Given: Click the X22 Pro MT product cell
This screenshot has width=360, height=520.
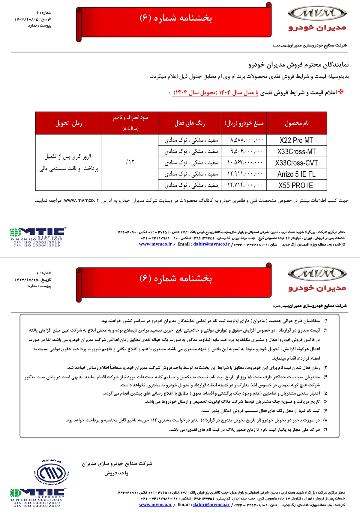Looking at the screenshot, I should (296, 140).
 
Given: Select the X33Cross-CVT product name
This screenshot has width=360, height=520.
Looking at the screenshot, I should (296, 163).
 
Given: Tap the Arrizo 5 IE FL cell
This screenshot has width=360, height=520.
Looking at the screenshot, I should (296, 174).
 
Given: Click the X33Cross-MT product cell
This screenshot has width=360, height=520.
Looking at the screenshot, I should (296, 152).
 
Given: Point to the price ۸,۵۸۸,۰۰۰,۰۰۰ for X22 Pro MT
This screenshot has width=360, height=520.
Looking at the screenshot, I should (247, 140).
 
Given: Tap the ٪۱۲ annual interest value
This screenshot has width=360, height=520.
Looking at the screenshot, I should (130, 162).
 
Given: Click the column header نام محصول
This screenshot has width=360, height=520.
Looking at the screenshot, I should (297, 123).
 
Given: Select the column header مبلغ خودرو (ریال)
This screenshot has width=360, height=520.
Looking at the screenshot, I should (244, 123).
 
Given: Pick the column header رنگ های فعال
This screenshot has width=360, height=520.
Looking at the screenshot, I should (190, 123).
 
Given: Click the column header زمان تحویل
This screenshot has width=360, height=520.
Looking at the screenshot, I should (69, 123).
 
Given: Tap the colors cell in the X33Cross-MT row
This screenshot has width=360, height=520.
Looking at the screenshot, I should (191, 152).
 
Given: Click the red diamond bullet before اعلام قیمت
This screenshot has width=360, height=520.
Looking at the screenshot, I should (341, 92).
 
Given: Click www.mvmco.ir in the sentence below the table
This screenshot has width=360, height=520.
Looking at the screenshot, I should (81, 200).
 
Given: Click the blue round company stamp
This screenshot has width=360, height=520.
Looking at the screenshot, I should (51, 473).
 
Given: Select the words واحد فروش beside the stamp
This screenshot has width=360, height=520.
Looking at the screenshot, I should (116, 473).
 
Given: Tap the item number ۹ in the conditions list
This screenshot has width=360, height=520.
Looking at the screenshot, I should (326, 430).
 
